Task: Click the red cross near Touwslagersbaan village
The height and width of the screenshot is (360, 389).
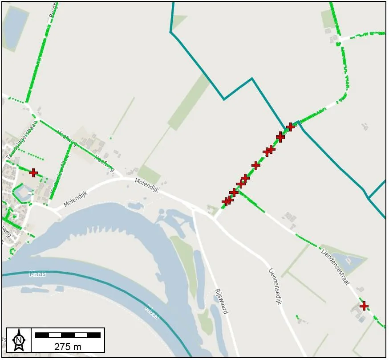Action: (33, 172)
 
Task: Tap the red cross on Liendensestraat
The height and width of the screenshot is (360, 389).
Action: (364, 306)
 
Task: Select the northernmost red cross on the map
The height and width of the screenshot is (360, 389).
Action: (291, 127)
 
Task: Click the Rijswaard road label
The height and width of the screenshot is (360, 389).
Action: (221, 301)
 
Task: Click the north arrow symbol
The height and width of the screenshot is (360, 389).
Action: (19, 340)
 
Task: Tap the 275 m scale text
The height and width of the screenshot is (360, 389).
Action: (68, 346)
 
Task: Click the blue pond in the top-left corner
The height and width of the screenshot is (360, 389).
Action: (15, 27)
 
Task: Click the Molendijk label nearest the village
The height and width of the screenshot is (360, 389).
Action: (75, 199)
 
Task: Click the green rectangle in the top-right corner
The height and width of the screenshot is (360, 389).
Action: (329, 19)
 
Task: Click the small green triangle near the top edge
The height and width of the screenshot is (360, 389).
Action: (178, 21)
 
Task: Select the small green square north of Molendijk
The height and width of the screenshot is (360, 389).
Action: (149, 174)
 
